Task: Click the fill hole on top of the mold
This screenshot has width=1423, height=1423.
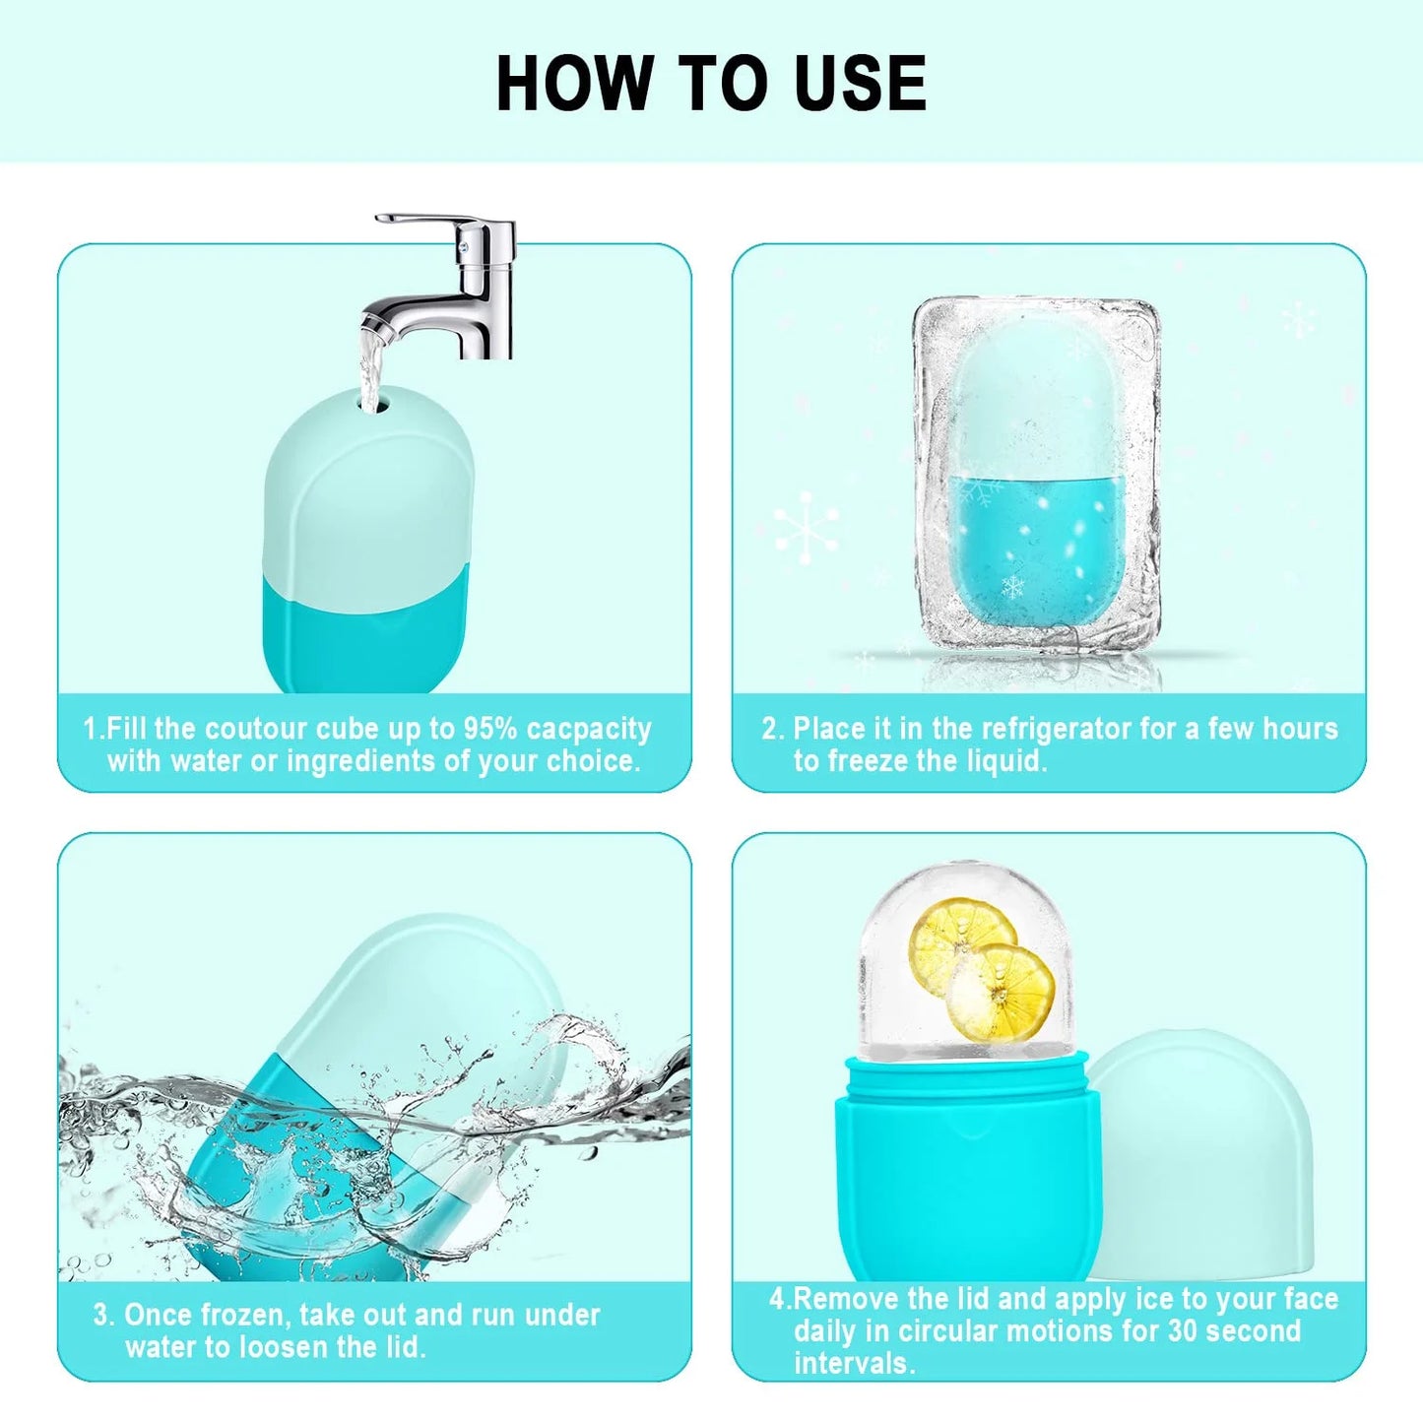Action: (373, 403)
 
